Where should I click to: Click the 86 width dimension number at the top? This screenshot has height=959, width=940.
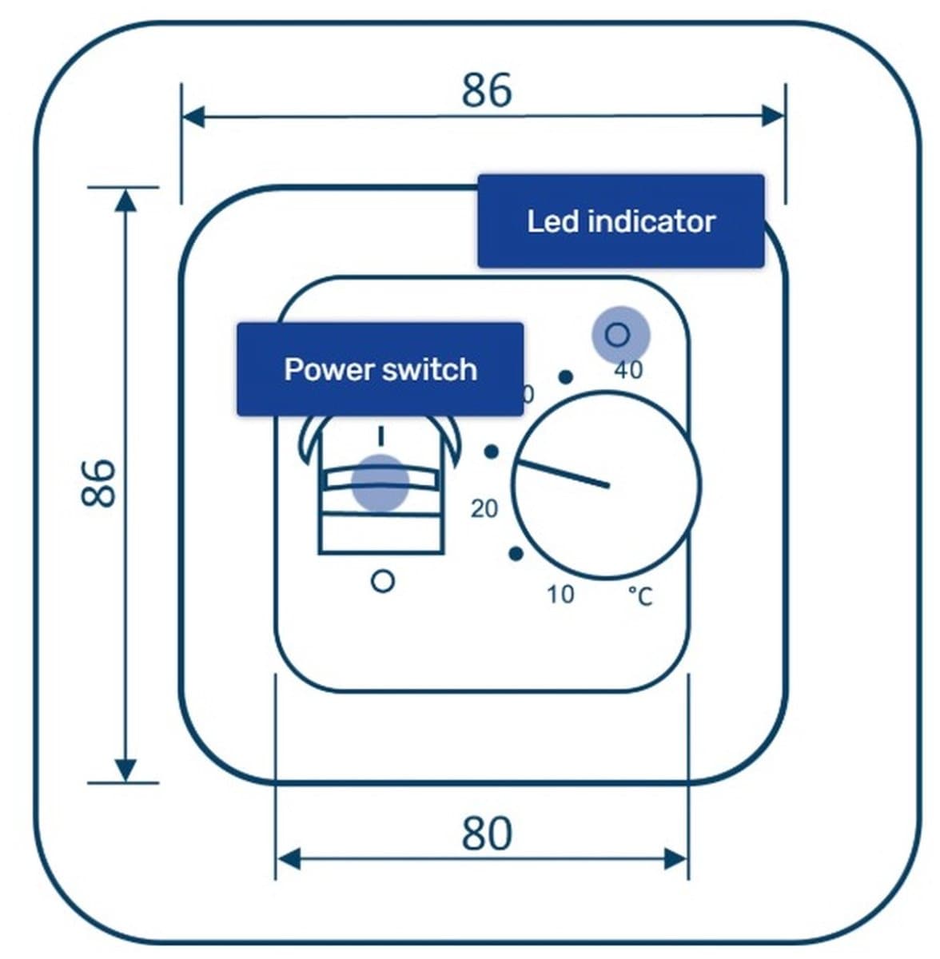tap(487, 90)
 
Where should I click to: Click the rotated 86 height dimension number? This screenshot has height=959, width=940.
tap(98, 483)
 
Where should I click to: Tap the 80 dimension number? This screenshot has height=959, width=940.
tap(487, 833)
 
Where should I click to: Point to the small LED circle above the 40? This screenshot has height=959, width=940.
tap(617, 335)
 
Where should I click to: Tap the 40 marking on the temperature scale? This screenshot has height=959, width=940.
tap(628, 370)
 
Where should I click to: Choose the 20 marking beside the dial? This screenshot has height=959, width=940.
tap(484, 508)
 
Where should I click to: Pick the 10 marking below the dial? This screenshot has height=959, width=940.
tap(560, 595)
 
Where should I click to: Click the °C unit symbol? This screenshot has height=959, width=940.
tap(640, 596)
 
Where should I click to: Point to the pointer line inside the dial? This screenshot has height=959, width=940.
tap(563, 474)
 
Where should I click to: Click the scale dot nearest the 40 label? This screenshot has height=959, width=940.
tap(566, 377)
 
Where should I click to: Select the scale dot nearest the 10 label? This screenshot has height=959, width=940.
tap(516, 553)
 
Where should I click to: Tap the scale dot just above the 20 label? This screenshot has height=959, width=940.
tap(492, 452)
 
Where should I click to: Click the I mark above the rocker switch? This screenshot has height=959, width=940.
tap(381, 436)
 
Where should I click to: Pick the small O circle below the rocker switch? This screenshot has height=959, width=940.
tap(383, 581)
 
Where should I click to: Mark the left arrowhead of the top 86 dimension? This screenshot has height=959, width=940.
tap(193, 117)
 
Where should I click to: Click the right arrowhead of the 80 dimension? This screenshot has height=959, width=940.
tap(676, 859)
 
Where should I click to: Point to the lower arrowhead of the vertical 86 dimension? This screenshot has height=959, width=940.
tap(125, 770)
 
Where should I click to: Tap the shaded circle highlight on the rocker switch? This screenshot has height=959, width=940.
tap(380, 483)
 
